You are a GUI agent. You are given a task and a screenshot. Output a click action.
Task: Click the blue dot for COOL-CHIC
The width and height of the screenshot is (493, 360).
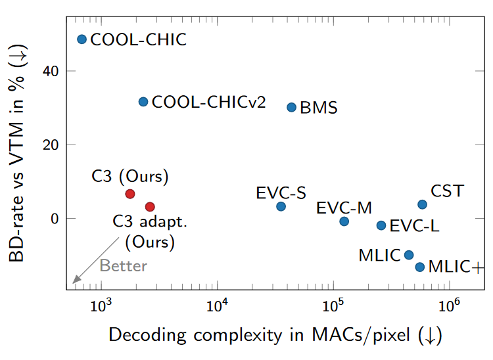click(82, 39)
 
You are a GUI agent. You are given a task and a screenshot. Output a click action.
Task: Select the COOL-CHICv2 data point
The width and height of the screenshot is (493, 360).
click(143, 102)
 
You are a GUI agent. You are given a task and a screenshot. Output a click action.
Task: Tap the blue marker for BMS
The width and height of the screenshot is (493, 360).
click(292, 107)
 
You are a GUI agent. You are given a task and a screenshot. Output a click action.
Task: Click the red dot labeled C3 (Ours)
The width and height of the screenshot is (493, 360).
click(130, 194)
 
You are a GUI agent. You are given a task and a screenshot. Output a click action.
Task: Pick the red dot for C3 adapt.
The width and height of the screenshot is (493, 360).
click(150, 207)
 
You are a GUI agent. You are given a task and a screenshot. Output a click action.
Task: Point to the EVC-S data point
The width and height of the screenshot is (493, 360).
click(281, 206)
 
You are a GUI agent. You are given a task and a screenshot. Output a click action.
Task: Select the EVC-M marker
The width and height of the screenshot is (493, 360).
click(344, 221)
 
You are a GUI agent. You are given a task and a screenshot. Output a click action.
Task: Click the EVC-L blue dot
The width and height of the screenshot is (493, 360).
click(381, 225)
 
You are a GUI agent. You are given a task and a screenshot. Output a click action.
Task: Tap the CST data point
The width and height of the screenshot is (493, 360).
click(422, 204)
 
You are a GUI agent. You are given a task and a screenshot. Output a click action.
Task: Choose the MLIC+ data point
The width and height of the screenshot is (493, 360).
click(419, 267)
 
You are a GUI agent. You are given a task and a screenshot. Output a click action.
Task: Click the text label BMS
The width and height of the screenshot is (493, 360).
click(318, 108)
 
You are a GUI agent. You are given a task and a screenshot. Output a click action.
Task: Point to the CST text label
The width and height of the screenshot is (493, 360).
click(447, 192)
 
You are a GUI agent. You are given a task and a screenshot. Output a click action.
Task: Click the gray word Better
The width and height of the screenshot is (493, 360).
click(124, 266)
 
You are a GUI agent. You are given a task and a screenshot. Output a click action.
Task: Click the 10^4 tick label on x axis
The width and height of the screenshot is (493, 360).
click(217, 306)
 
